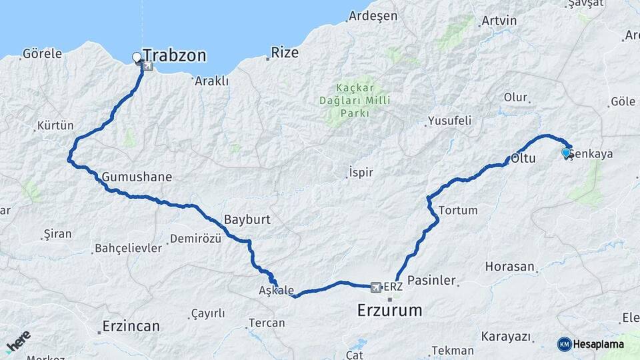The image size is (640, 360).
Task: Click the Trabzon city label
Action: pos(174,55)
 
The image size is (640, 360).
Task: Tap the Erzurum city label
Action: pos(389,310)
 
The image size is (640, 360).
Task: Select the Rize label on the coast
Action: pos(285,53)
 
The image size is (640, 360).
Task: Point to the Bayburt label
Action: pos(247,219)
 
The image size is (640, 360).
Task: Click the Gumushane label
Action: pos(137,177)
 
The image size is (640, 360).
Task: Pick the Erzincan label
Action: pos(131,326)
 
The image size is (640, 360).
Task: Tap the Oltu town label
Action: pos(524,159)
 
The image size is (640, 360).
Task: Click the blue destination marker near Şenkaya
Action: pos(566,153)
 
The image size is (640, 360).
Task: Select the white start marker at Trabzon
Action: pos(137,57)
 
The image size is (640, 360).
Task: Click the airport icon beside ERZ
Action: pos(375,287)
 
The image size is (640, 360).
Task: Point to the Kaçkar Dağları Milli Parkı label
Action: pos(363,100)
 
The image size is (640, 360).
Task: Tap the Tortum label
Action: pos(458,210)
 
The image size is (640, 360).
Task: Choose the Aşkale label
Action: pos(276,291)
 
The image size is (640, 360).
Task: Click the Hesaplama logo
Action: pos(591,344)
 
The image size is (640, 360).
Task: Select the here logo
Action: pos(18,341)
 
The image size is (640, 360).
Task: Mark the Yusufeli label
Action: pos(449,121)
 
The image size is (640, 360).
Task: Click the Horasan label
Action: pos(510,267)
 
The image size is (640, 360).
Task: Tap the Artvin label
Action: pos(499,20)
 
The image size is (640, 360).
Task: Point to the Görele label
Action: pos(42,53)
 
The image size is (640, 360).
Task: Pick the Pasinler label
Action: pos(431,281)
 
